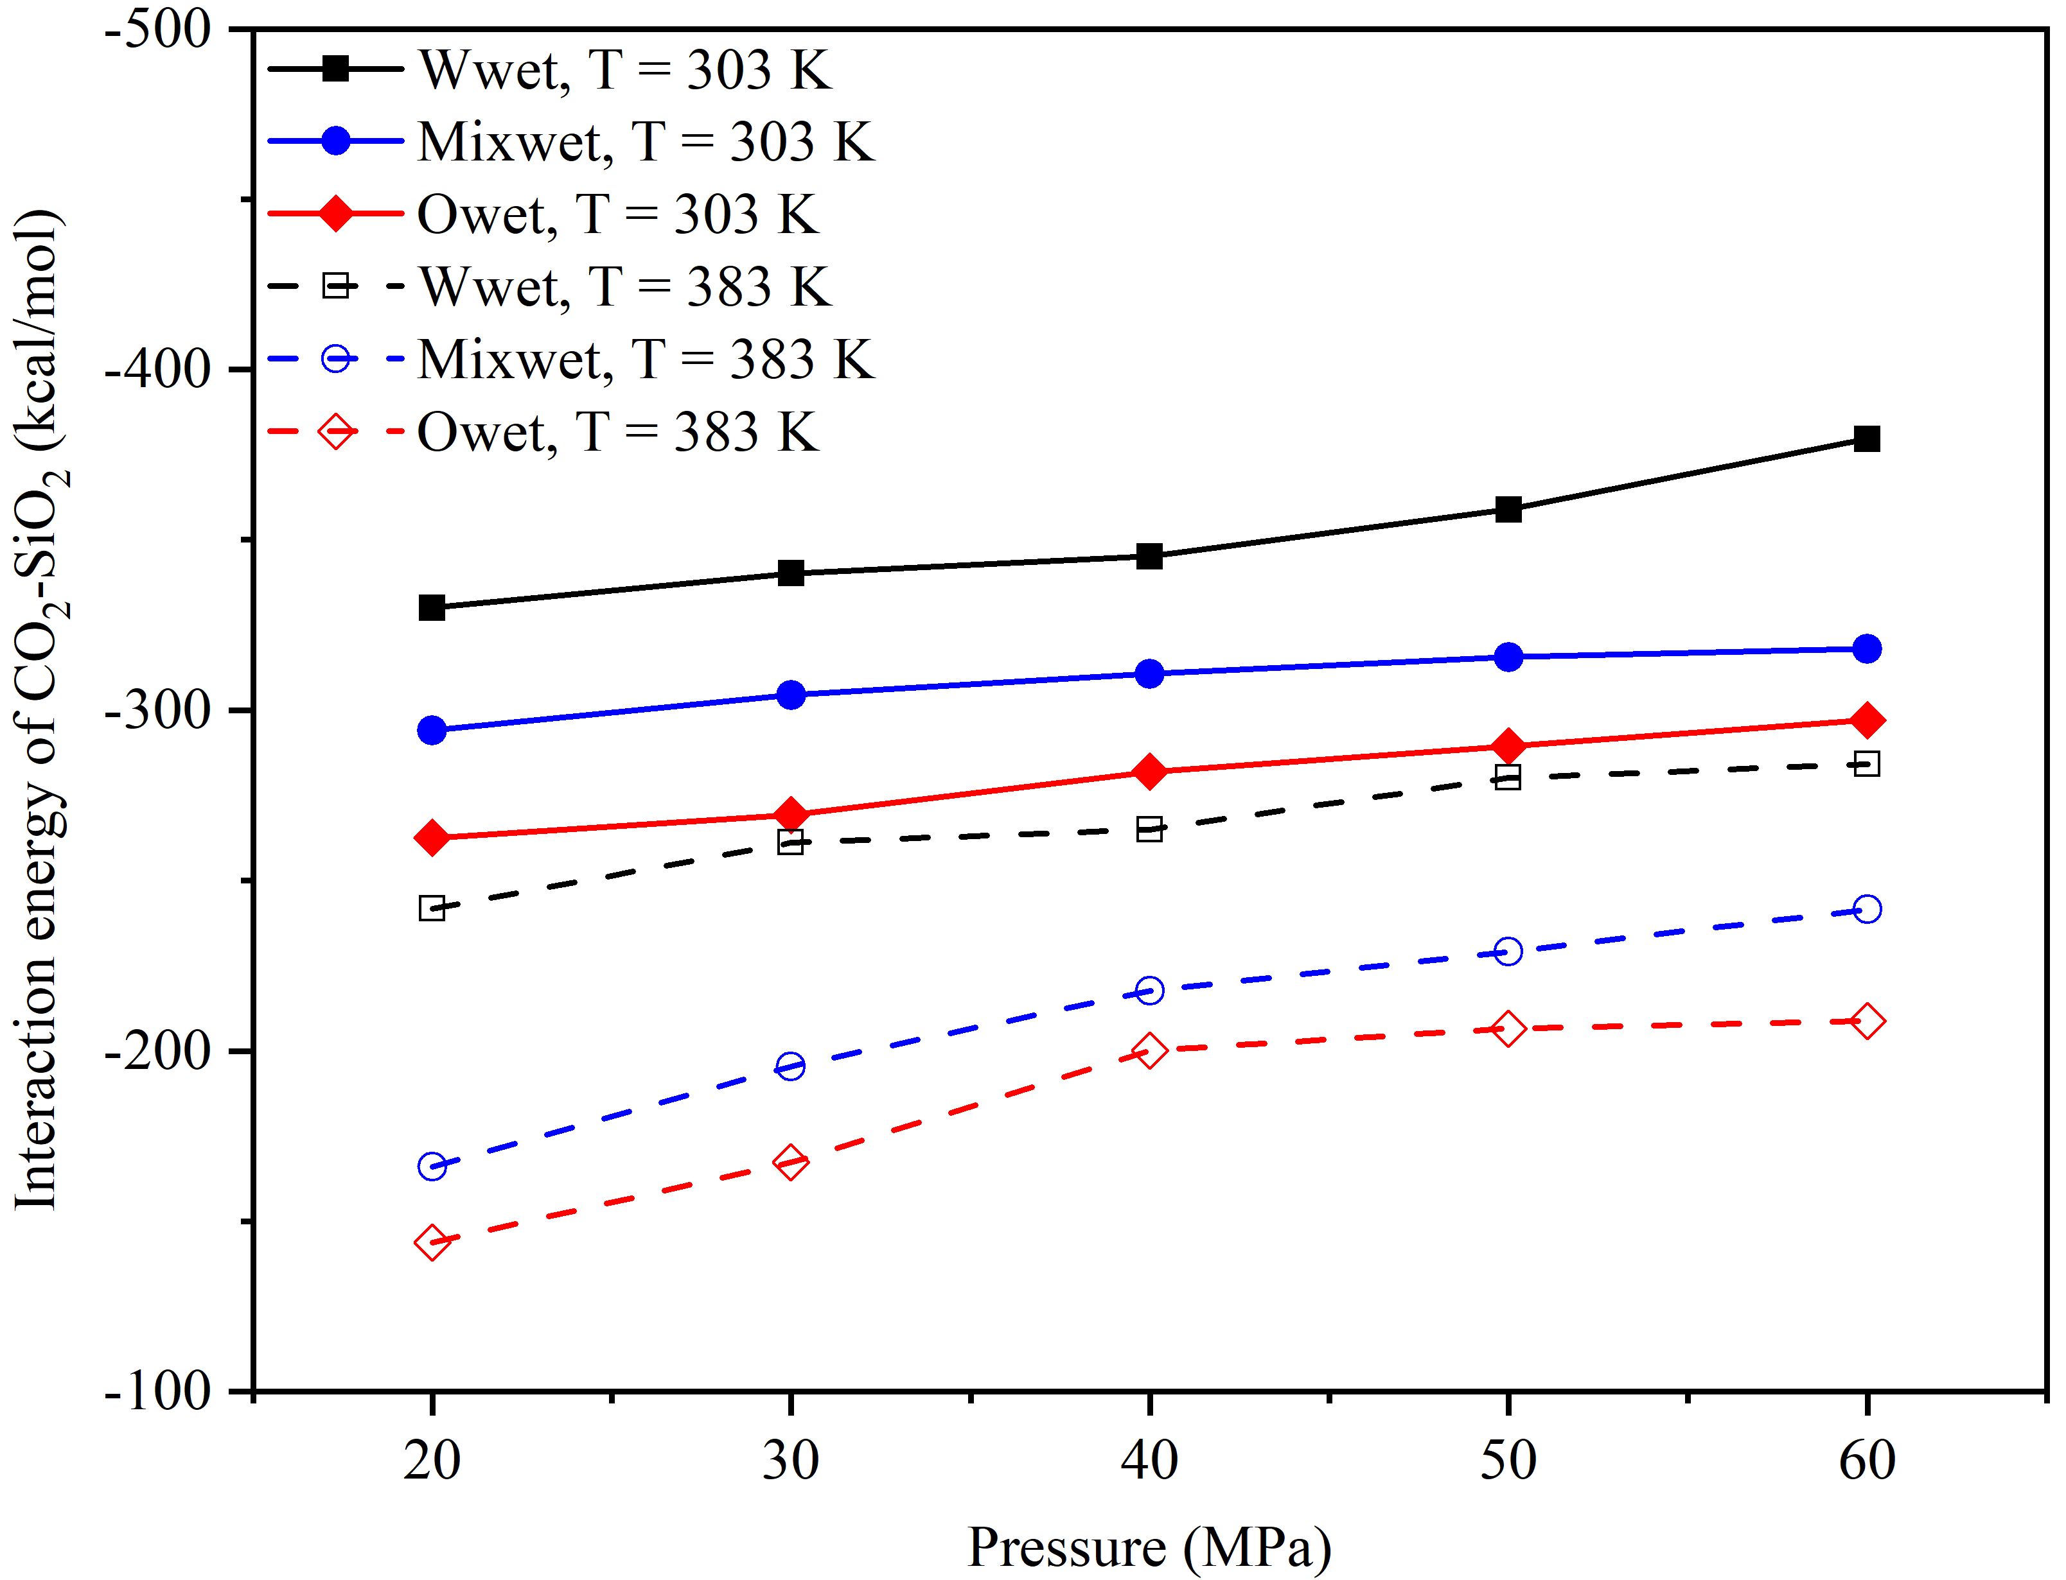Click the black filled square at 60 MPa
(x=1867, y=439)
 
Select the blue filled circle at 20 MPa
(x=432, y=730)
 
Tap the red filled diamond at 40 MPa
(x=1149, y=771)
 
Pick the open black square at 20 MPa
(x=432, y=908)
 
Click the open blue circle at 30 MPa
(x=790, y=1066)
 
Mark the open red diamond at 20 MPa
(x=432, y=1242)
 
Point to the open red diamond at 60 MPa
(x=1867, y=1021)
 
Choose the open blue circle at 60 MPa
(x=1867, y=908)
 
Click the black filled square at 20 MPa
(x=432, y=607)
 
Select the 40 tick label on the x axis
(x=1149, y=1461)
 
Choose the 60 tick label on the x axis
(x=1867, y=1461)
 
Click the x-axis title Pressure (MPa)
(x=1149, y=1547)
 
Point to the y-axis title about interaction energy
(x=40, y=710)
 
